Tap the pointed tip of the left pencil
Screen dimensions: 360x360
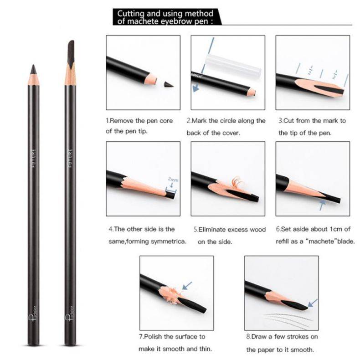34,65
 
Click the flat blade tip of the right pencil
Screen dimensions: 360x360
72,41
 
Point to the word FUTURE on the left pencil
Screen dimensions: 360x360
34,158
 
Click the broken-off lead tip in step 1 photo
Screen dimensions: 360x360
169,84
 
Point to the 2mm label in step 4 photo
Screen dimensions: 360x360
173,179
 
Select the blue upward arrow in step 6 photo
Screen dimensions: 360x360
322,205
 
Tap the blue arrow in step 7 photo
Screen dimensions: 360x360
187,286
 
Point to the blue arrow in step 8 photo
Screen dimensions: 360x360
313,303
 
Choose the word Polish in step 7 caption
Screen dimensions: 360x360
153,337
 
